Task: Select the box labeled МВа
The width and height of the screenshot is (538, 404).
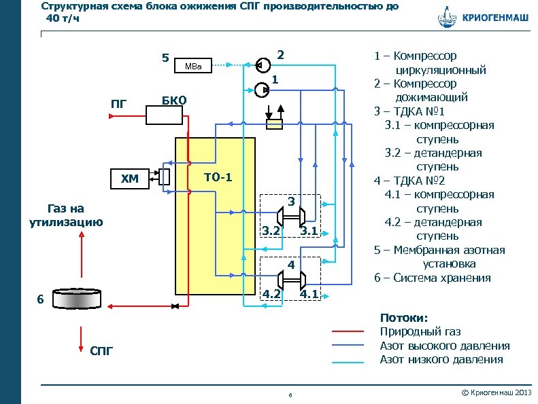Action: [x=195, y=66]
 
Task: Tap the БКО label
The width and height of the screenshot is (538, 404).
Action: [x=173, y=100]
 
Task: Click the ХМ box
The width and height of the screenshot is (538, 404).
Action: [x=129, y=179]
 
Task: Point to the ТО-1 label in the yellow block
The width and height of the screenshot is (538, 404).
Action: [x=218, y=178]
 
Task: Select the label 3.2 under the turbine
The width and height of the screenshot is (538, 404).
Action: [x=271, y=232]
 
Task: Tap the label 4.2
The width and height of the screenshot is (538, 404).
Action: [x=271, y=294]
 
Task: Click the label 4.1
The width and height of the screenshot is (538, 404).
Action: [x=310, y=294]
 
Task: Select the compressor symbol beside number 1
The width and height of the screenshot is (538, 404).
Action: [x=260, y=88]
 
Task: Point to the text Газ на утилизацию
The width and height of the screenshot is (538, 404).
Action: [x=66, y=215]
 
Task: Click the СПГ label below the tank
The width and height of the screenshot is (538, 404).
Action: [x=101, y=350]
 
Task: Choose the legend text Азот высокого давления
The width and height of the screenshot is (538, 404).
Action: [x=444, y=346]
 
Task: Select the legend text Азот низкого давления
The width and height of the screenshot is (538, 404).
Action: [x=441, y=359]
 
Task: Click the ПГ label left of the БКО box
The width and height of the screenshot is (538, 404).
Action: [x=119, y=103]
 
